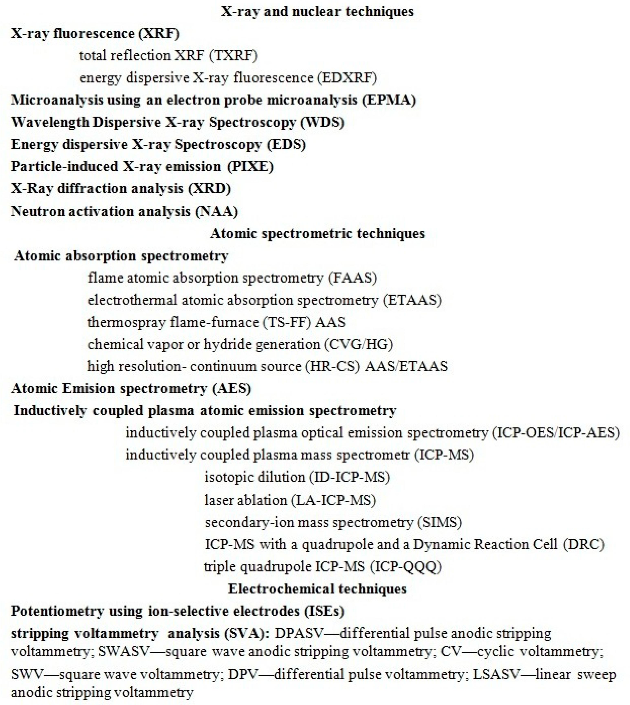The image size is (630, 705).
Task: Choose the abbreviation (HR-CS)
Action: pyautogui.click(x=332, y=366)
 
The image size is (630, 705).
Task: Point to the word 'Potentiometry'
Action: pyautogui.click(x=57, y=611)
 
